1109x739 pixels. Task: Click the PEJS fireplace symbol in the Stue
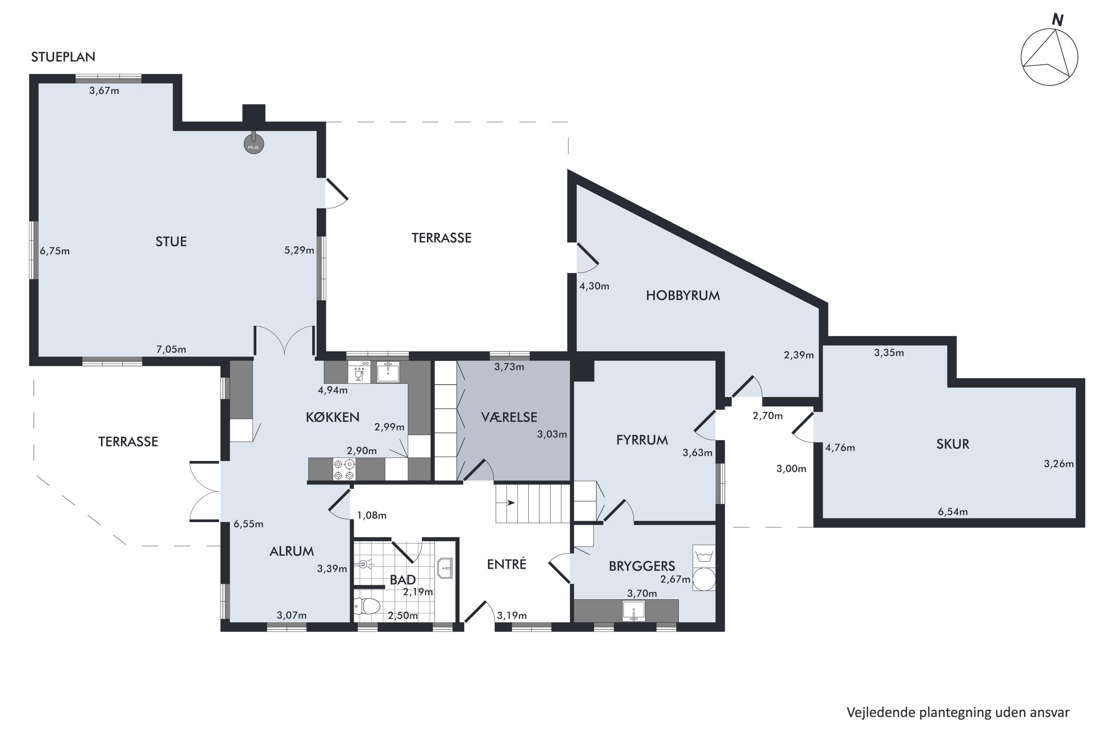pos(254,146)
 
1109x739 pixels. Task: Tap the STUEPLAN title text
pos(63,57)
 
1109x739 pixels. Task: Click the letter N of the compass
pos(1058,20)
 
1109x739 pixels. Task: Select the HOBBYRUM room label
pos(682,296)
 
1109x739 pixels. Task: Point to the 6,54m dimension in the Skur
pos(953,512)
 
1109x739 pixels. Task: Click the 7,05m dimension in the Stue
pos(171,350)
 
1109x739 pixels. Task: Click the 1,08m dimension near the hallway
pos(372,515)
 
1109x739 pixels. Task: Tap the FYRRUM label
pos(642,440)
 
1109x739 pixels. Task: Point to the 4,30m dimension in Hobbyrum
pos(594,286)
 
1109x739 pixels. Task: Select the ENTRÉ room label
pos(506,565)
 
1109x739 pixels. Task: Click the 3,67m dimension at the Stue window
pos(104,91)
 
